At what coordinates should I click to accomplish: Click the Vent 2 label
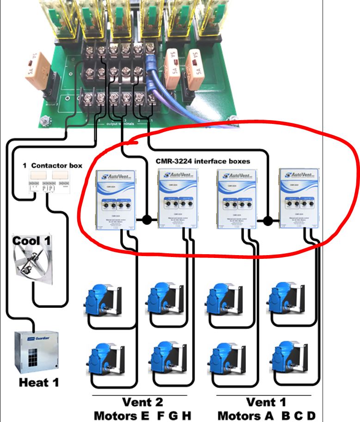pos(142,402)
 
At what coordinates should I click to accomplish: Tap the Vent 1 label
pos(267,402)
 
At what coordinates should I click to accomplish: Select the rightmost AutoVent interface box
pos(299,198)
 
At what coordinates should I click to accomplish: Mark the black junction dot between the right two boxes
pos(267,221)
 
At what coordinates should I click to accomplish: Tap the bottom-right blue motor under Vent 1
pos(289,358)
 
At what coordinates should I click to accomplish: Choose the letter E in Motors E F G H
pos(145,415)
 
